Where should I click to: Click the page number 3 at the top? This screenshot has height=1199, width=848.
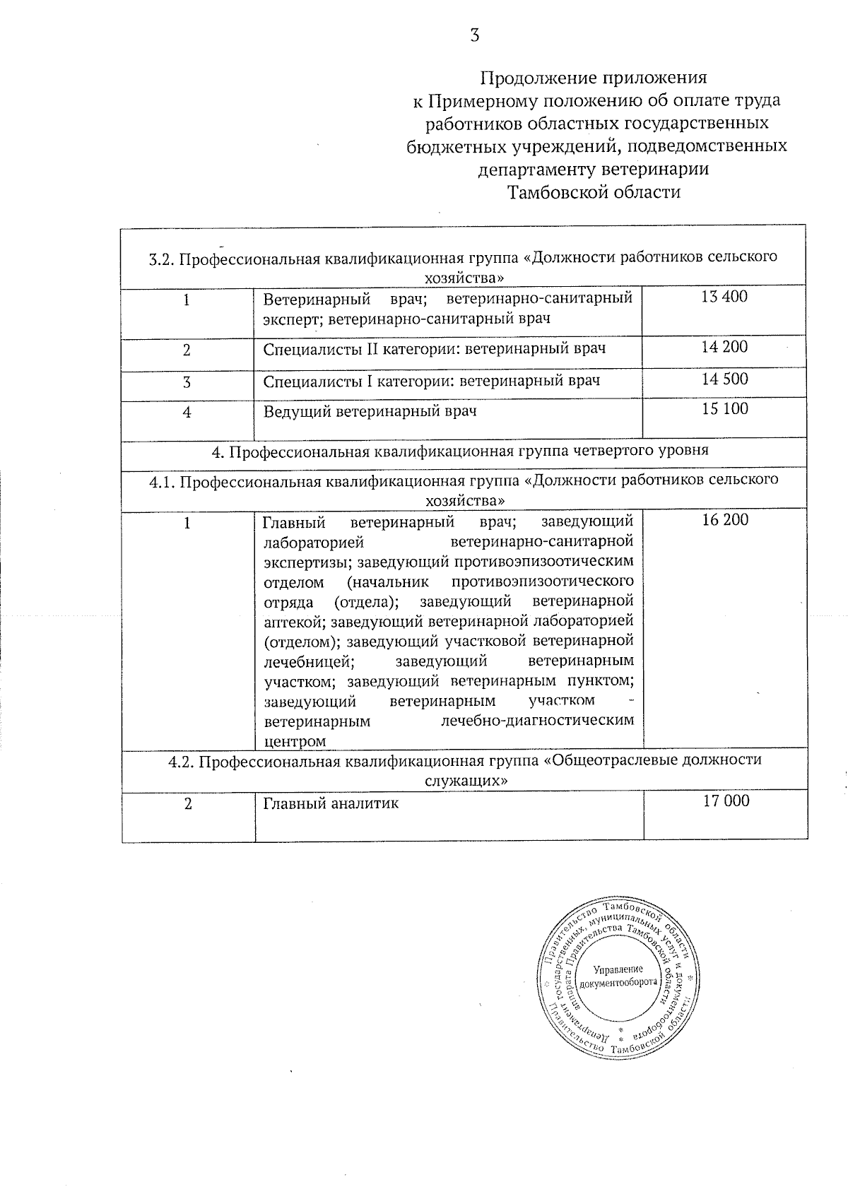click(x=475, y=35)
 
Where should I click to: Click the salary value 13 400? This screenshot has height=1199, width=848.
click(x=724, y=297)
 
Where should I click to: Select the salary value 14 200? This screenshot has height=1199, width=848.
click(x=724, y=347)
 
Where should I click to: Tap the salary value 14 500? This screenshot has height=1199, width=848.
click(x=724, y=379)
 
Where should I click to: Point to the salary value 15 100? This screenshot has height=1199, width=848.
click(x=724, y=409)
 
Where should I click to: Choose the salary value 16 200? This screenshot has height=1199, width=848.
click(x=724, y=521)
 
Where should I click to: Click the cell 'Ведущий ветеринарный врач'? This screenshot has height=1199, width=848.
click(x=370, y=411)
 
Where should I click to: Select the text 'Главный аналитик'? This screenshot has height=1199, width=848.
click(x=331, y=803)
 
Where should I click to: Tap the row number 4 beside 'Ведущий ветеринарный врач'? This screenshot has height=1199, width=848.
click(x=187, y=413)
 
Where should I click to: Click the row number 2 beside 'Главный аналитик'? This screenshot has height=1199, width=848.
click(x=188, y=804)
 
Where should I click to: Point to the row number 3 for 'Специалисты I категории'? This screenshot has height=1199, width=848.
click(x=187, y=382)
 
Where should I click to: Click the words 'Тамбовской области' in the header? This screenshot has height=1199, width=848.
click(x=594, y=192)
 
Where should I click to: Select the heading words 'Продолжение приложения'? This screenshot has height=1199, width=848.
click(x=594, y=77)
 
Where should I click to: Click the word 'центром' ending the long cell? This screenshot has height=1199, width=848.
click(x=295, y=741)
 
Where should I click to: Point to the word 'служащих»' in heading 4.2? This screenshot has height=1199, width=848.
click(x=466, y=781)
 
